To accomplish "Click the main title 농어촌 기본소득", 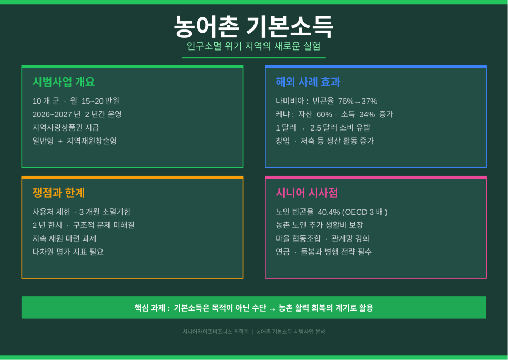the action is pyautogui.click(x=253, y=26).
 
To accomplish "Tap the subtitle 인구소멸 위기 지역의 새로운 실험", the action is pyautogui.click(x=253, y=46).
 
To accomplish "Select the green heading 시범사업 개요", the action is pyautogui.click(x=64, y=82).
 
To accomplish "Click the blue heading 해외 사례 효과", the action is pyautogui.click(x=308, y=82).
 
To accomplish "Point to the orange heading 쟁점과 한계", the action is pyautogui.click(x=58, y=193).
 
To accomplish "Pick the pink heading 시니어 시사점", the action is pyautogui.click(x=307, y=193).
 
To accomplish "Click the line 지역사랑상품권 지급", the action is pyautogui.click(x=66, y=127).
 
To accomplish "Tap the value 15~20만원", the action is pyautogui.click(x=100, y=101).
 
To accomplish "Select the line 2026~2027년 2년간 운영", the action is pyautogui.click(x=77, y=114).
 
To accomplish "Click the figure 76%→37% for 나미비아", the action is pyautogui.click(x=358, y=101).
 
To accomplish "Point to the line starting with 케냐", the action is pyautogui.click(x=334, y=114).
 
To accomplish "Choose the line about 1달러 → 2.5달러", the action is pyautogui.click(x=323, y=128).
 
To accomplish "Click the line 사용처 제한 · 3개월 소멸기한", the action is pyautogui.click(x=82, y=212).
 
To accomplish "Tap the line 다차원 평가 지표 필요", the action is pyautogui.click(x=68, y=252).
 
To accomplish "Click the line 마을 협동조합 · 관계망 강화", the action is pyautogui.click(x=322, y=238).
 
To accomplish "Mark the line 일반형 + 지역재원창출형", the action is pyautogui.click(x=75, y=141).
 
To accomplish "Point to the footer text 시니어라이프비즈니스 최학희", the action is pyautogui.click(x=216, y=332).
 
